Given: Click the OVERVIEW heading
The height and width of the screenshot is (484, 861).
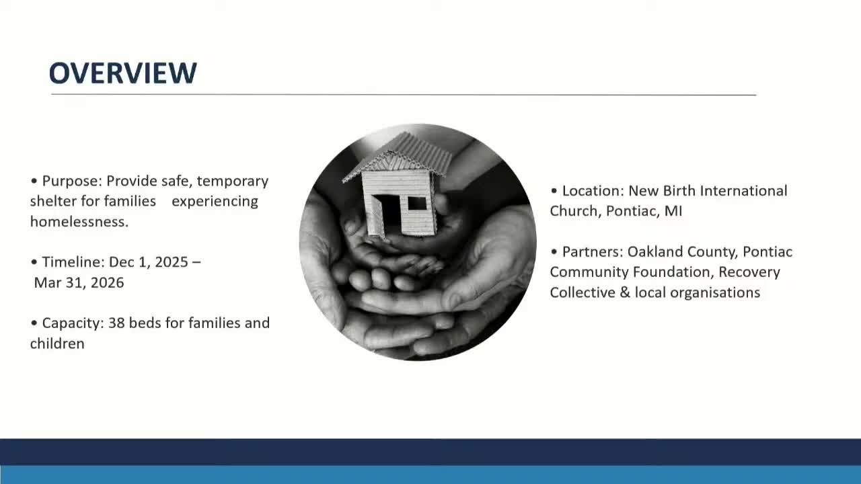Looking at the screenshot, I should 122,73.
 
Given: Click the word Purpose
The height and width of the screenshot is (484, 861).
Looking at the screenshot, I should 71,181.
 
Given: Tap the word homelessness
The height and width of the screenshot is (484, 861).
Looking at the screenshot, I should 79,221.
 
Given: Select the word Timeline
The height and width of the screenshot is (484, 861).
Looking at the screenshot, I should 68,261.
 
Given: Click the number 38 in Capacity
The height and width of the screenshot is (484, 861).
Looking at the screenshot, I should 116,323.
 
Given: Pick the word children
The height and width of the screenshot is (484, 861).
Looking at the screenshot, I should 57,344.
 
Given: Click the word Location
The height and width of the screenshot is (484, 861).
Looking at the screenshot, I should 591,191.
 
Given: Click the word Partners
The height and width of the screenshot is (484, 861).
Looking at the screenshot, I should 591,251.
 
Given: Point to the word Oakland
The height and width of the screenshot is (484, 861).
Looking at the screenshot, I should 652,251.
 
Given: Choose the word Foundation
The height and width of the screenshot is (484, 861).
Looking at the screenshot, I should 672,272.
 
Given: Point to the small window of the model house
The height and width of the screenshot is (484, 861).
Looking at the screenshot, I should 417,202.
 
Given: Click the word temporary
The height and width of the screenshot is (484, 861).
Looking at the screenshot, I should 233,181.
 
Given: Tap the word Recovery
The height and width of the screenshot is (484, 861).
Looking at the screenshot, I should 749,272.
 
